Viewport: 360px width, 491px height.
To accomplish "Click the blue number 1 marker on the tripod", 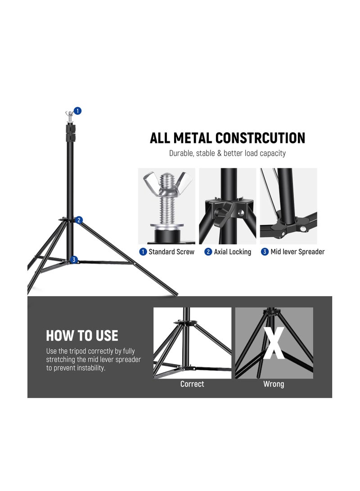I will (77, 111).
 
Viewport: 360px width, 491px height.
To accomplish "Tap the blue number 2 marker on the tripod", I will (79, 220).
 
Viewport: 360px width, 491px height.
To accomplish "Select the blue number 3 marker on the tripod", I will (74, 260).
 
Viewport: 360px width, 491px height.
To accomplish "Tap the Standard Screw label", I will (171, 252).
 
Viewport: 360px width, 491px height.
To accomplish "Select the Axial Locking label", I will (232, 252).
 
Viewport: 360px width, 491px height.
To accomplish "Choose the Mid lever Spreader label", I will (297, 252).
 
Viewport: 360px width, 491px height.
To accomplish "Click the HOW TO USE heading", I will (82, 336).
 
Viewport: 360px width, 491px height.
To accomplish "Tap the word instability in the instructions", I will (90, 368).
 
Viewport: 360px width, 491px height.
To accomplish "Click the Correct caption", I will (192, 384).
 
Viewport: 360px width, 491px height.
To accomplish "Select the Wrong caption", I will (274, 384).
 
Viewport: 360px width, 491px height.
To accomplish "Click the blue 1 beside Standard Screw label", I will (143, 252).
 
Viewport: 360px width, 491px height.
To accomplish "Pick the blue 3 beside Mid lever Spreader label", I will (265, 252).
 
